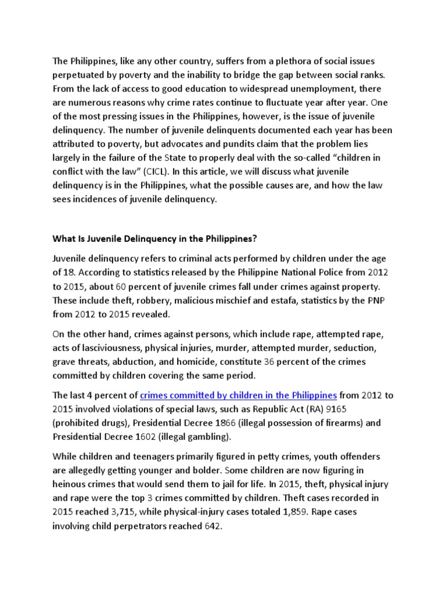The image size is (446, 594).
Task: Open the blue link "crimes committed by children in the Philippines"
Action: [238, 396]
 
